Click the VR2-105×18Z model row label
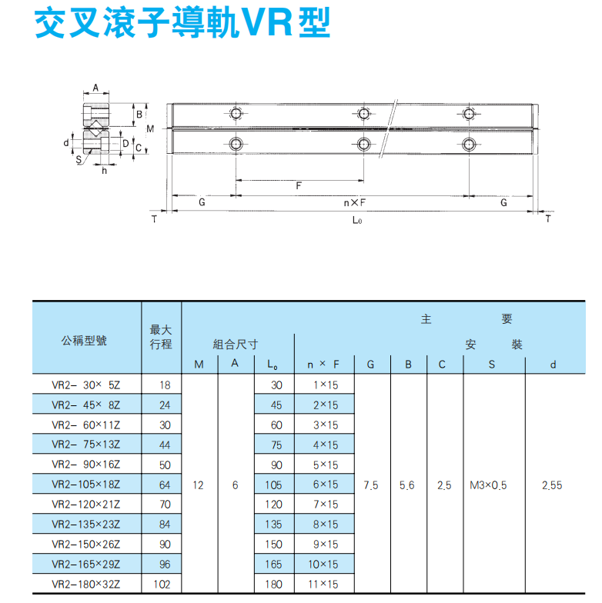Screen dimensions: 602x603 tap(86, 485)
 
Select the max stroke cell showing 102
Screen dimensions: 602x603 tap(162, 585)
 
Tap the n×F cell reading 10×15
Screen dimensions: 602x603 tap(323, 565)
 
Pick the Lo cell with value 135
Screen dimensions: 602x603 tap(274, 525)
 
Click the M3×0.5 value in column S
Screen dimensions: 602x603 tap(488, 485)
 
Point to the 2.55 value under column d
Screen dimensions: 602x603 tap(552, 485)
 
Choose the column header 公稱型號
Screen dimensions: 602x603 tap(84, 340)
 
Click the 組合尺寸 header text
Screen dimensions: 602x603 tap(236, 345)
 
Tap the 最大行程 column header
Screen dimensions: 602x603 tap(161, 337)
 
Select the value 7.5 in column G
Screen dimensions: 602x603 tap(371, 485)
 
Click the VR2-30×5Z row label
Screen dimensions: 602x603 tap(86, 385)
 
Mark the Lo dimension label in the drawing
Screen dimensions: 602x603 tap(357, 220)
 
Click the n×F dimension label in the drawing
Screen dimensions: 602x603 tap(354, 203)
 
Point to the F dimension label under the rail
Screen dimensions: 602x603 tap(299, 186)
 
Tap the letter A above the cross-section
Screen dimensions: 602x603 tap(95, 88)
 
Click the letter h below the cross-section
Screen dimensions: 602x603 tap(105, 171)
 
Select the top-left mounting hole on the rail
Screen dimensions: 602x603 tap(236, 114)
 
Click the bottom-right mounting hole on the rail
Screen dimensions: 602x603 tap(469, 145)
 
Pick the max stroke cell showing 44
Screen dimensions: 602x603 tap(165, 445)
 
